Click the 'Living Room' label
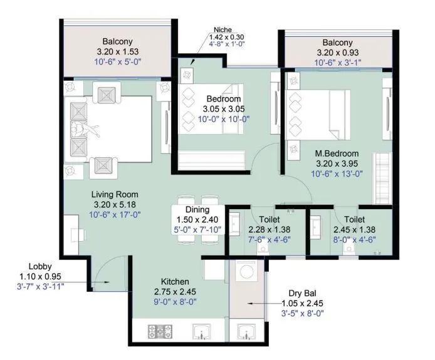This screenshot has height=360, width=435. [114, 194]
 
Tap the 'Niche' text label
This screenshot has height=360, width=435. [222, 29]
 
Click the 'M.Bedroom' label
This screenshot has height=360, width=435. [337, 153]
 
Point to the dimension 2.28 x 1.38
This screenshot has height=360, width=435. [259, 230]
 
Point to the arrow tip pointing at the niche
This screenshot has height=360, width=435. [191, 63]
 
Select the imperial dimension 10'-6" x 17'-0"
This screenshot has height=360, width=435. [114, 215]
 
